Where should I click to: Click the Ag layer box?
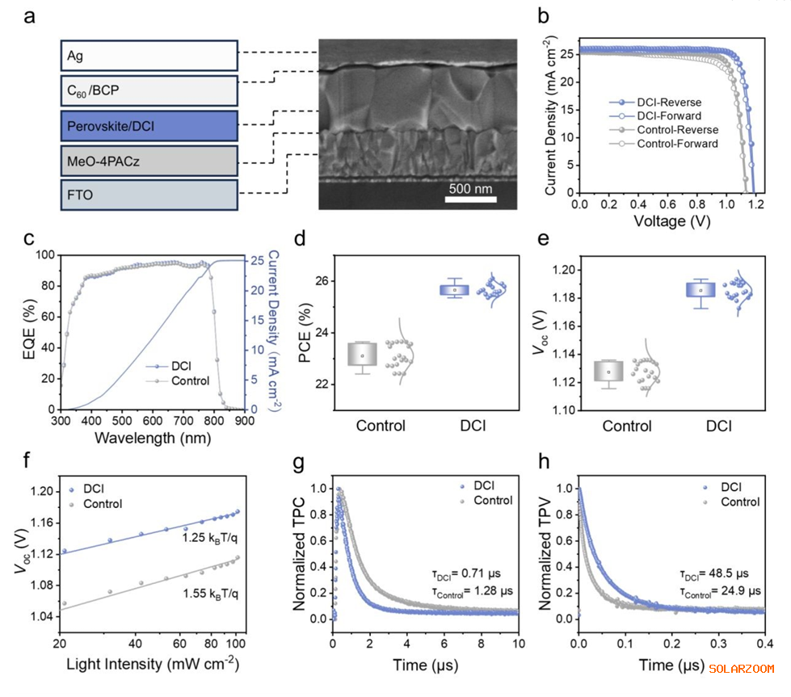tap(149, 57)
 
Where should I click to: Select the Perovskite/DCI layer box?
tap(149, 126)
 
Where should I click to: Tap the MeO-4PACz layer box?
tap(149, 162)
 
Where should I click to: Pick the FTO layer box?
tap(149, 195)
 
